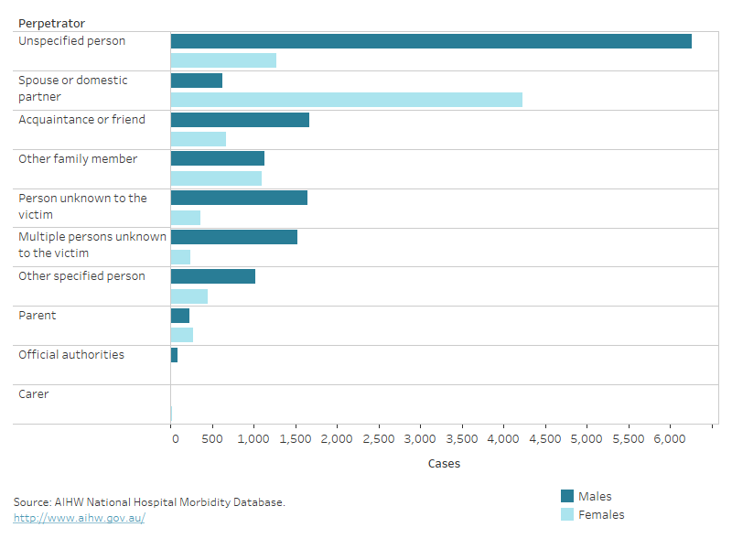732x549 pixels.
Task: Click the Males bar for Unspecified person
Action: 430,41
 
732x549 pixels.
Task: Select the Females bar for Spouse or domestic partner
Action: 346,100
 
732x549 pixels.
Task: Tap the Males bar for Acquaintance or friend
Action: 240,120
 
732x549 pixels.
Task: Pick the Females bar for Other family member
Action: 216,178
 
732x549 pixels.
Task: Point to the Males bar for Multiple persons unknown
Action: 233,237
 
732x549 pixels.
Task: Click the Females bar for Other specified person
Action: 189,296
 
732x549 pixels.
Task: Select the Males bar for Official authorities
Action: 174,355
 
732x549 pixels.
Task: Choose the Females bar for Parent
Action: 182,335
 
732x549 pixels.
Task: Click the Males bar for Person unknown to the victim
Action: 239,198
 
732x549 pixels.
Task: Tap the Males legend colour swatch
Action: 567,496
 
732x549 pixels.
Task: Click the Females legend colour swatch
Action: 567,514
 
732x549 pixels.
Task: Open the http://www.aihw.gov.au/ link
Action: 79,518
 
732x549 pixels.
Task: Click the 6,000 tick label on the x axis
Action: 670,439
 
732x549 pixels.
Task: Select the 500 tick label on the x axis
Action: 212,439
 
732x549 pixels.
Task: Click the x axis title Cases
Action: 444,464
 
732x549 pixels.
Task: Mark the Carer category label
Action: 34,394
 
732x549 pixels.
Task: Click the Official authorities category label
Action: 71,355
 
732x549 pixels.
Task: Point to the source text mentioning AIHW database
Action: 149,502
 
